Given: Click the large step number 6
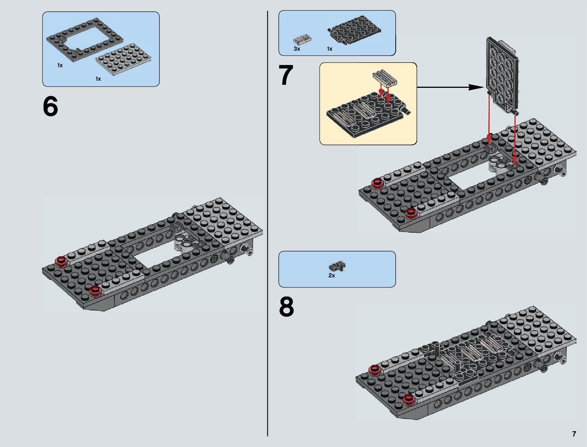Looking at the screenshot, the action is (51, 107).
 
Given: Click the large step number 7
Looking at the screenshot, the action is (286, 75).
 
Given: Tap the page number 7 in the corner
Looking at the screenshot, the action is (574, 434).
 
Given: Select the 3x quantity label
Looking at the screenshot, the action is (297, 49).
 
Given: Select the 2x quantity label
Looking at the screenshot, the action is (332, 275).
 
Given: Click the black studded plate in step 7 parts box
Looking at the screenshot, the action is (355, 32).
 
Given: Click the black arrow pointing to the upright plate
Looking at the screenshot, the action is (450, 87).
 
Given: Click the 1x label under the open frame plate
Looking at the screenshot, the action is (60, 65).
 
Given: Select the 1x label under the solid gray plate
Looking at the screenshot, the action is (98, 79).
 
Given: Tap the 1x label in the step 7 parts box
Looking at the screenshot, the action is (329, 49).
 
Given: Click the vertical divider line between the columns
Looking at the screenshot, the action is (267, 225).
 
